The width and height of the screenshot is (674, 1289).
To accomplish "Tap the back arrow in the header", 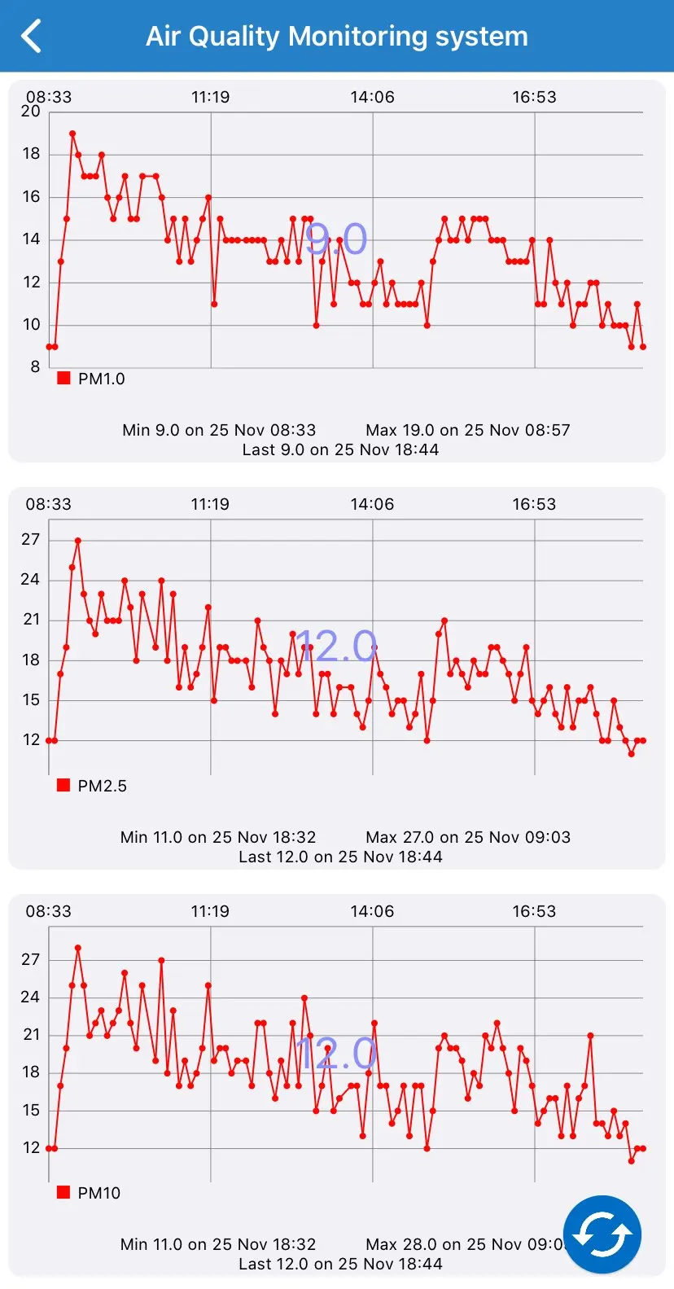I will pyautogui.click(x=31, y=37).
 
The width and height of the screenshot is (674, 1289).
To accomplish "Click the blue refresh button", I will pyautogui.click(x=602, y=1234).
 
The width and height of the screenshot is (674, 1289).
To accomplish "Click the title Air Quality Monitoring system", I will pyautogui.click(x=337, y=37).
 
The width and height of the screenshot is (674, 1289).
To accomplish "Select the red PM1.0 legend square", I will pyautogui.click(x=63, y=378).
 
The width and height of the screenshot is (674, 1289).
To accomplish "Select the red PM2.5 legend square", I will pyautogui.click(x=63, y=785).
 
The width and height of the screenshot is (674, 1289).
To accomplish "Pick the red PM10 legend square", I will pyautogui.click(x=63, y=1192).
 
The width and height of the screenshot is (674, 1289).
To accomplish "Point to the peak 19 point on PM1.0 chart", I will pyautogui.click(x=72, y=133).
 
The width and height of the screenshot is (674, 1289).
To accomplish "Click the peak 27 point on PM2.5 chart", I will pyautogui.click(x=78, y=540).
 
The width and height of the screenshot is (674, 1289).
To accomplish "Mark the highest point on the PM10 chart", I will pyautogui.click(x=78, y=948).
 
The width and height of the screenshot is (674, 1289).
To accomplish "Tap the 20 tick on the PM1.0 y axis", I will pyautogui.click(x=31, y=112).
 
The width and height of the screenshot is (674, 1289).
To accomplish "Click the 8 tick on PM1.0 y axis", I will pyautogui.click(x=35, y=366).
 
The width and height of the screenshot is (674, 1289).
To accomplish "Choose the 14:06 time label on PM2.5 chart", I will pyautogui.click(x=372, y=504).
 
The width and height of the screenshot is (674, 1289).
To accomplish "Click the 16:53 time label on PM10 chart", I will pyautogui.click(x=534, y=911).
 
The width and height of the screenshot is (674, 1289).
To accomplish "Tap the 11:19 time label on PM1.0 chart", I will pyautogui.click(x=210, y=97).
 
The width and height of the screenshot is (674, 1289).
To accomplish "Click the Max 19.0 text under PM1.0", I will pyautogui.click(x=468, y=430).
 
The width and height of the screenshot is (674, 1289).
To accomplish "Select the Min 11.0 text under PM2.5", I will pyautogui.click(x=218, y=837).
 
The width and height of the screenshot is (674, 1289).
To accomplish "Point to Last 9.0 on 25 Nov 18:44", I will pyautogui.click(x=340, y=449).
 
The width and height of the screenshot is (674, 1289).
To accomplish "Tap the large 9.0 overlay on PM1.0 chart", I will pyautogui.click(x=336, y=239).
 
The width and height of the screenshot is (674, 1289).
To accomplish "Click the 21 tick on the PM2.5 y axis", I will pyautogui.click(x=31, y=620).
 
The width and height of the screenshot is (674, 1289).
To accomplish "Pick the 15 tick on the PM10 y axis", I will pyautogui.click(x=31, y=1110).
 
